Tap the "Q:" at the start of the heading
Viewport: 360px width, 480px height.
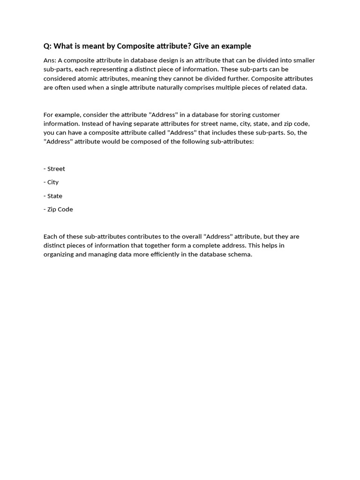47,46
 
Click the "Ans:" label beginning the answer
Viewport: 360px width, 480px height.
50,60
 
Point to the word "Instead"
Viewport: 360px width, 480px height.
91,124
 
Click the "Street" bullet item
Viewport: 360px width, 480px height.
56,169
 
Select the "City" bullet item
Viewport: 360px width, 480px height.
52,182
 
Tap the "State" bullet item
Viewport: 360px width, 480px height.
54,196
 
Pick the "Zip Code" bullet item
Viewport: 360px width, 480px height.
60,210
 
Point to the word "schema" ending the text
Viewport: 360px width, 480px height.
239,255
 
